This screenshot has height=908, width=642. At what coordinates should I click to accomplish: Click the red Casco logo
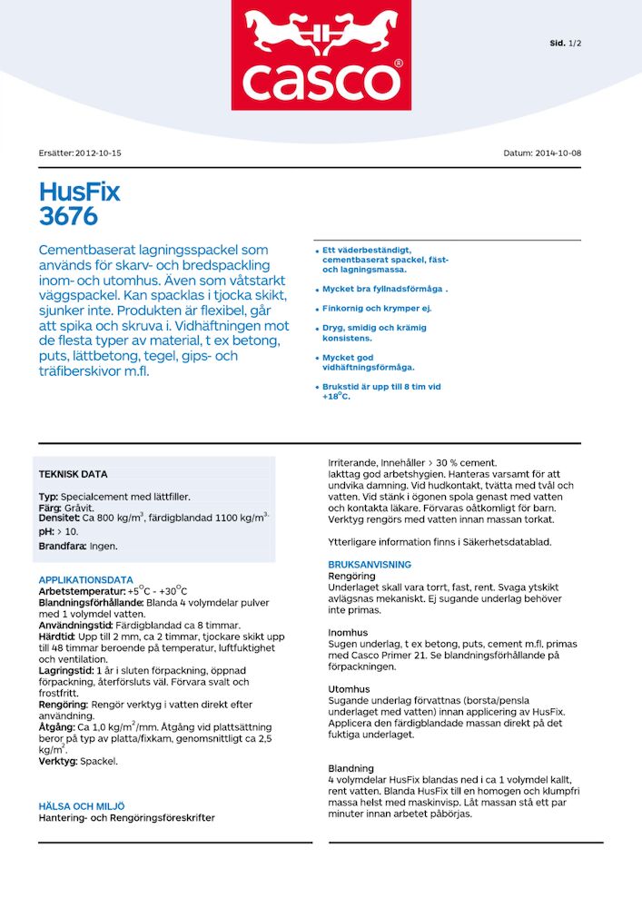coord(321,55)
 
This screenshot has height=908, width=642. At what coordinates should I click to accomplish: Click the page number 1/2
coord(575,43)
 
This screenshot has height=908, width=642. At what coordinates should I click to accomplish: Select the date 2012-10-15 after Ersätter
coord(98,153)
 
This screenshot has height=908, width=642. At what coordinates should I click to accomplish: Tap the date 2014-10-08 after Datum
coord(558,153)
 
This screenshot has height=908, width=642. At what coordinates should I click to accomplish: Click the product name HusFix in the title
coord(80,192)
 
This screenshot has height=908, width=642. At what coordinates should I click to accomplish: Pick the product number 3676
coord(68,216)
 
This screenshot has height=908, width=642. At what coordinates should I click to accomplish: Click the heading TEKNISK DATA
coord(73,474)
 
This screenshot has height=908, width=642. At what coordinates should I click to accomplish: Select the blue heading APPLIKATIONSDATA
coord(85,579)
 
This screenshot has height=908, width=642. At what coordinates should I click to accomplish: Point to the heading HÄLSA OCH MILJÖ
coord(82,805)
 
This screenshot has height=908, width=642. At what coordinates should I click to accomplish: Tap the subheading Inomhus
coord(348,632)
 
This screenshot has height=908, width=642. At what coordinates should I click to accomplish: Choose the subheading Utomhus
coord(349,689)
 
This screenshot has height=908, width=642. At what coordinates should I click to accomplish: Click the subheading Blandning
coord(351,768)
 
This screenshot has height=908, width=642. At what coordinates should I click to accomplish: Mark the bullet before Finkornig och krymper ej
coord(316,310)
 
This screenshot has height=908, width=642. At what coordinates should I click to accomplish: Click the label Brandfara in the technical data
coord(62,547)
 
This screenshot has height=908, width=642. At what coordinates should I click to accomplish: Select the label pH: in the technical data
coord(46,530)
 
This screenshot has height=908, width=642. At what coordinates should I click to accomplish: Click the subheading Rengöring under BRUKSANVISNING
coord(351,576)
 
